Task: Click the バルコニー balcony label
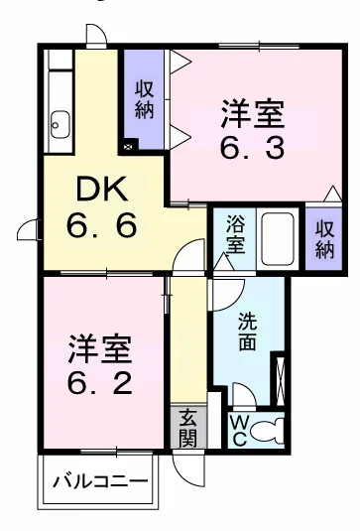click(99, 483)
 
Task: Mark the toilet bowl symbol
click(269, 430)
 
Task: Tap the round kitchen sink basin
click(58, 126)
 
